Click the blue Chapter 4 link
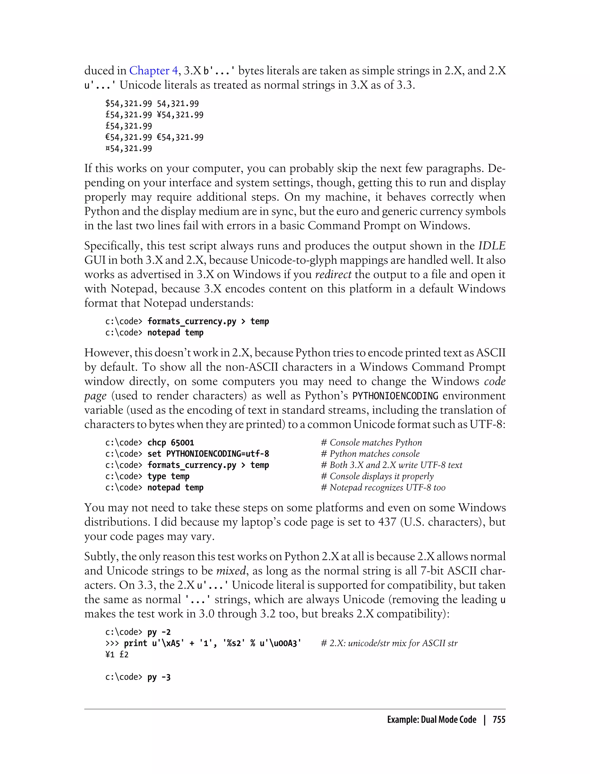pyautogui.click(x=154, y=71)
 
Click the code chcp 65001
pyautogui.click(x=171, y=443)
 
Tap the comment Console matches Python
pyautogui.click(x=371, y=443)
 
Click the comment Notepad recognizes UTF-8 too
pyautogui.click(x=383, y=487)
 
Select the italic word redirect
pyautogui.click(x=333, y=274)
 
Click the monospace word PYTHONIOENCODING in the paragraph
pyautogui.click(x=395, y=396)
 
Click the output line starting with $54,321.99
pyautogui.click(x=152, y=104)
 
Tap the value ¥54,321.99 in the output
pyautogui.click(x=180, y=115)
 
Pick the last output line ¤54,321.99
pyautogui.click(x=128, y=149)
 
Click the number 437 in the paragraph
pyautogui.click(x=387, y=522)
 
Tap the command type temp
pyautogui.click(x=168, y=476)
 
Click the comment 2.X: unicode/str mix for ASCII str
pyautogui.click(x=389, y=644)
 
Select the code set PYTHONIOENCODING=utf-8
pyautogui.click(x=208, y=454)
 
